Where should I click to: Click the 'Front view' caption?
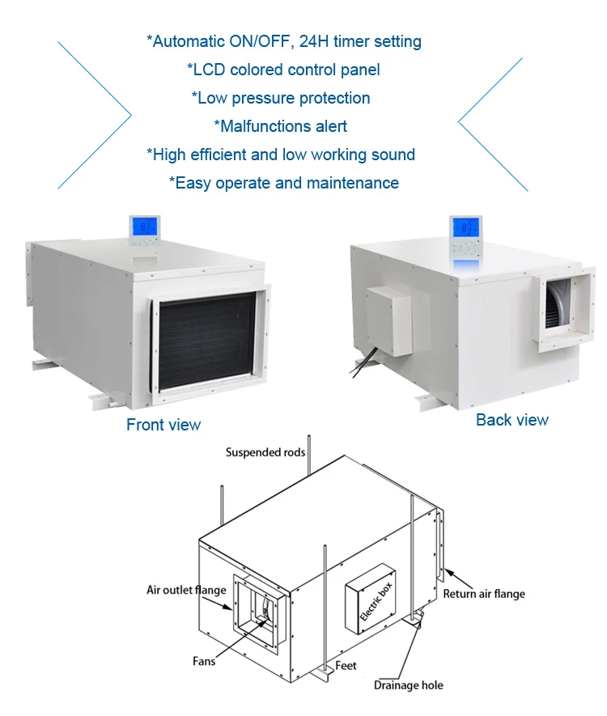tap(163, 425)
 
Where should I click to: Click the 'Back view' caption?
tap(511, 420)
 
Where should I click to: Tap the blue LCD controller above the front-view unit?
tap(145, 230)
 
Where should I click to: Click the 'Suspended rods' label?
tap(265, 452)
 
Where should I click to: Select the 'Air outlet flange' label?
tap(186, 590)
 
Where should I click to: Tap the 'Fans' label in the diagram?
tap(204, 661)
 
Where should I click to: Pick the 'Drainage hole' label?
tap(408, 685)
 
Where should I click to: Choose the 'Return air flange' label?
tap(484, 594)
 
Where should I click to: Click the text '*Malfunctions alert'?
tap(280, 126)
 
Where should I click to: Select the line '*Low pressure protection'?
tap(280, 98)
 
